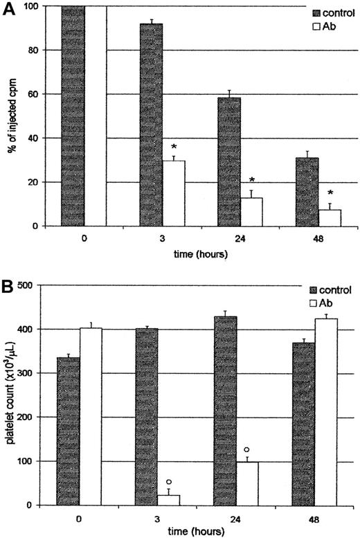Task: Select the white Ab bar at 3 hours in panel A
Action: click(x=174, y=193)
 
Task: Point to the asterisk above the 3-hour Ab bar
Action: click(x=174, y=147)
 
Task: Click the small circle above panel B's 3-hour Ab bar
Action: click(x=168, y=482)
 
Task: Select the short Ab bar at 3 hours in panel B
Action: click(x=168, y=500)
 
